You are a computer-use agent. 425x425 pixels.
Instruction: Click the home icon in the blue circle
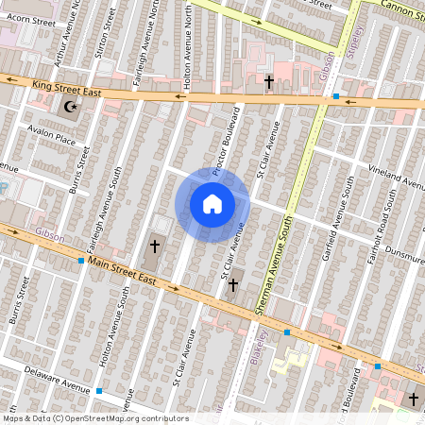[x=212, y=204]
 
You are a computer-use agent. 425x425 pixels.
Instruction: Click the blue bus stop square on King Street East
[x=336, y=96]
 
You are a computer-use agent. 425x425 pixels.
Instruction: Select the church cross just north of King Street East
[x=268, y=83]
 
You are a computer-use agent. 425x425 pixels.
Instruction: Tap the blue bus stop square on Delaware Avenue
[x=99, y=391]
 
